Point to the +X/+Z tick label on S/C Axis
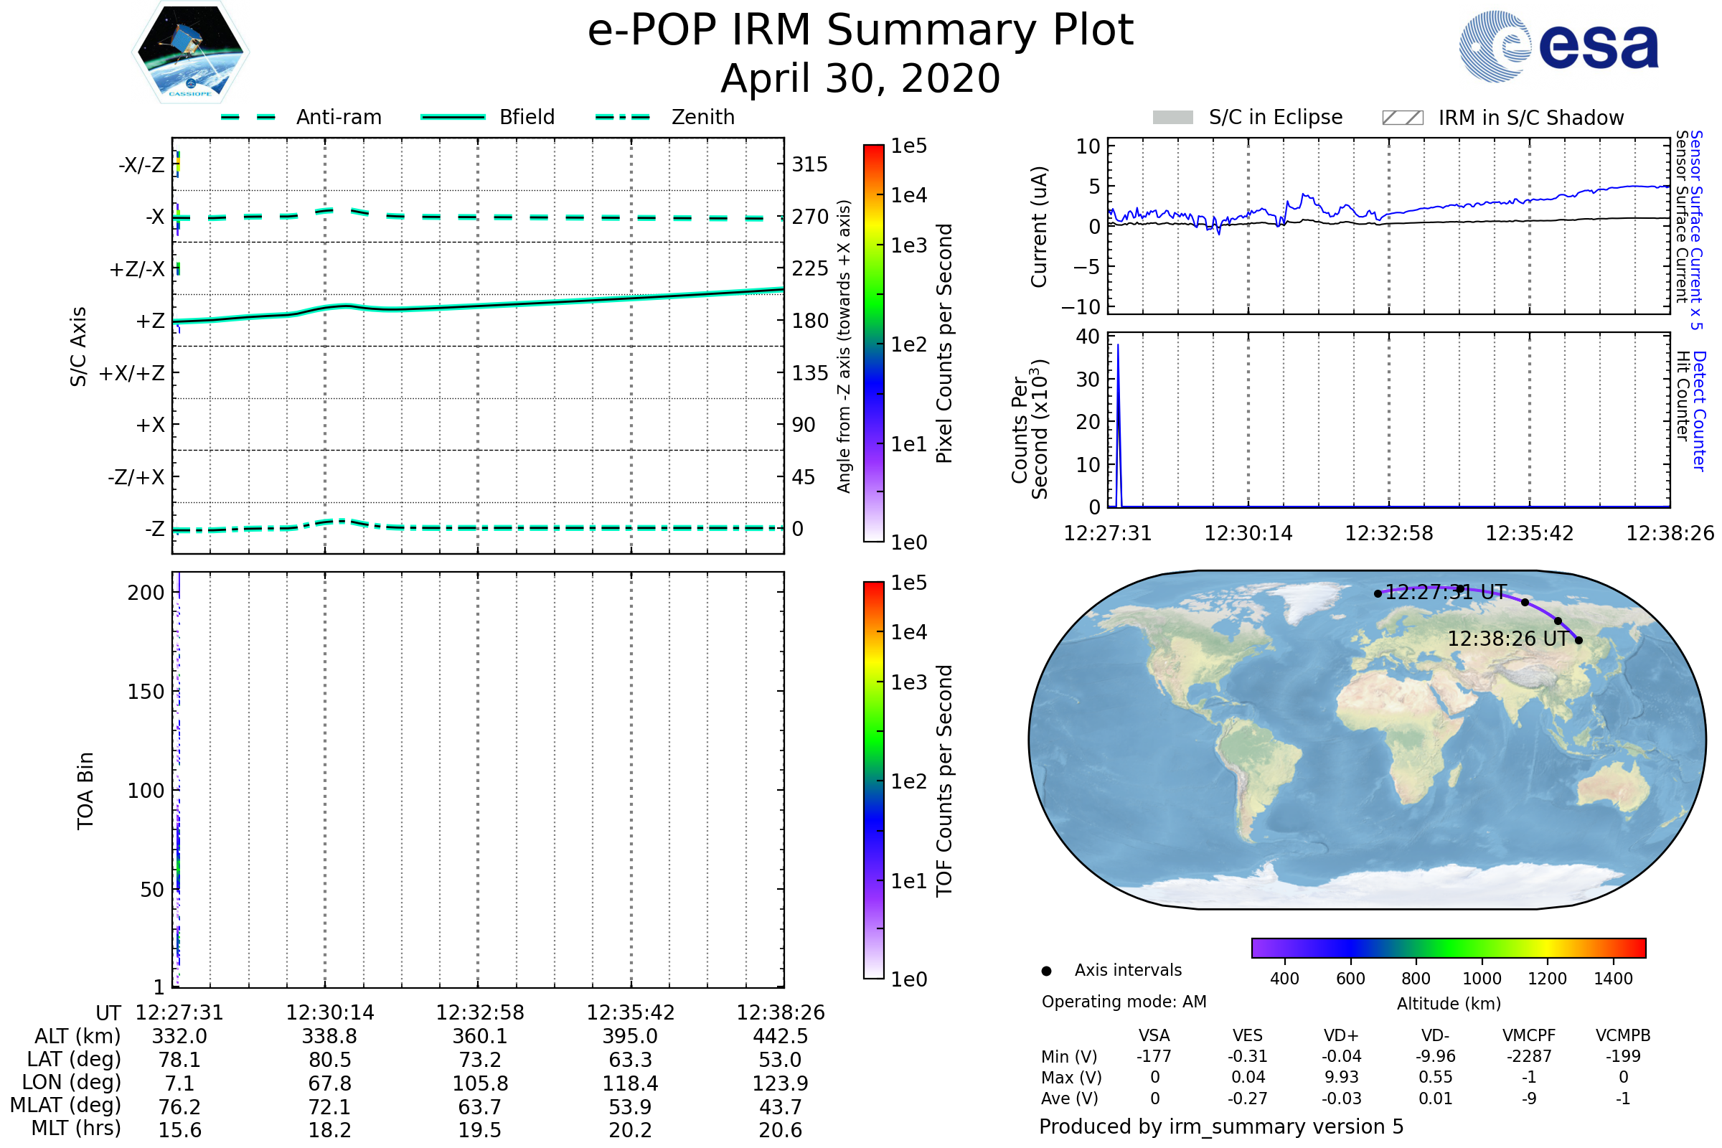[x=132, y=373]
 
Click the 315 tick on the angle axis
[x=809, y=164]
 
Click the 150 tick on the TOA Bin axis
[x=146, y=692]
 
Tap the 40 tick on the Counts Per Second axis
[x=1088, y=337]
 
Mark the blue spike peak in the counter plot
[x=1118, y=345]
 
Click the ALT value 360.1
[x=480, y=1037]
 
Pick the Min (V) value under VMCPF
[x=1529, y=1056]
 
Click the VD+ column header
[x=1341, y=1035]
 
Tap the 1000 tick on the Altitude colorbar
[x=1482, y=979]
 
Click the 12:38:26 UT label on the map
[x=1507, y=639]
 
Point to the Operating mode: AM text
[x=1124, y=1002]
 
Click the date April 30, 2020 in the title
[x=860, y=79]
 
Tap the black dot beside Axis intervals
[x=1047, y=971]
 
